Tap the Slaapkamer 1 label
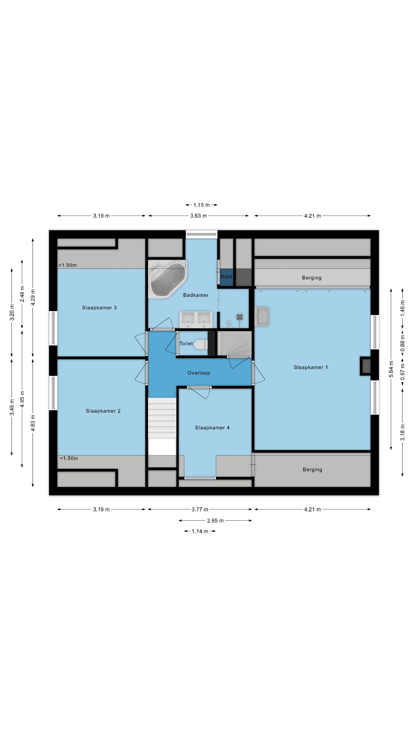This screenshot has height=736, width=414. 310,367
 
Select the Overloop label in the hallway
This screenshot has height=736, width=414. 199,373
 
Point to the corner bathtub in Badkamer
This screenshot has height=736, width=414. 168,279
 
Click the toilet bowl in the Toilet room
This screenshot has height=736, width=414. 201,344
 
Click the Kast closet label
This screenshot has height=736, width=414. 226,277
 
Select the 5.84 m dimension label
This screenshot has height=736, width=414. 391,369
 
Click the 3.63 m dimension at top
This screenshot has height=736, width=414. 199,216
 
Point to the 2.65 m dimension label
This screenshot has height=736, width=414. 215,521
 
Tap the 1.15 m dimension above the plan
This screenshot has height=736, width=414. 201,205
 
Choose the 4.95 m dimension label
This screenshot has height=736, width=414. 22,399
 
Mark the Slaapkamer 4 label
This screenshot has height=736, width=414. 212,428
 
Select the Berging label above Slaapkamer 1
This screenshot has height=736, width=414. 312,278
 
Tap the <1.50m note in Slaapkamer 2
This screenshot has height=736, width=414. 69,458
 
